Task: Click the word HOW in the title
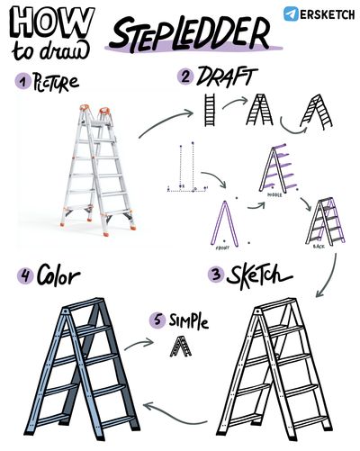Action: pos(52,23)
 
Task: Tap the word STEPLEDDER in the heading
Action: pos(190,34)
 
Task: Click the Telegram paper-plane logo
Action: pos(291,14)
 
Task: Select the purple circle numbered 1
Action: pos(23,81)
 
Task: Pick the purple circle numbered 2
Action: pos(185,77)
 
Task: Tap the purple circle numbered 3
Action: pos(216,275)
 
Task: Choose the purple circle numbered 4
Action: pos(25,275)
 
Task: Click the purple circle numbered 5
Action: pos(157,320)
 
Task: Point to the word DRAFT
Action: pos(227,77)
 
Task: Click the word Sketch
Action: pos(258,275)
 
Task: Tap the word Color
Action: pos(58,275)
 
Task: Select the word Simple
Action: pos(188,321)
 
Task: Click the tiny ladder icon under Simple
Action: pos(180,347)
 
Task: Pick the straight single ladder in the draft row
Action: pos(210,110)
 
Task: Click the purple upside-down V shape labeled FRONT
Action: pos(224,224)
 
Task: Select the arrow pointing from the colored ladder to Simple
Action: pos(139,344)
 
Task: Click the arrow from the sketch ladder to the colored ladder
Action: pos(174,417)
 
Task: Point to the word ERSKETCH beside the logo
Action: pos(327,14)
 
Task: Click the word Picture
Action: pos(56,82)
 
